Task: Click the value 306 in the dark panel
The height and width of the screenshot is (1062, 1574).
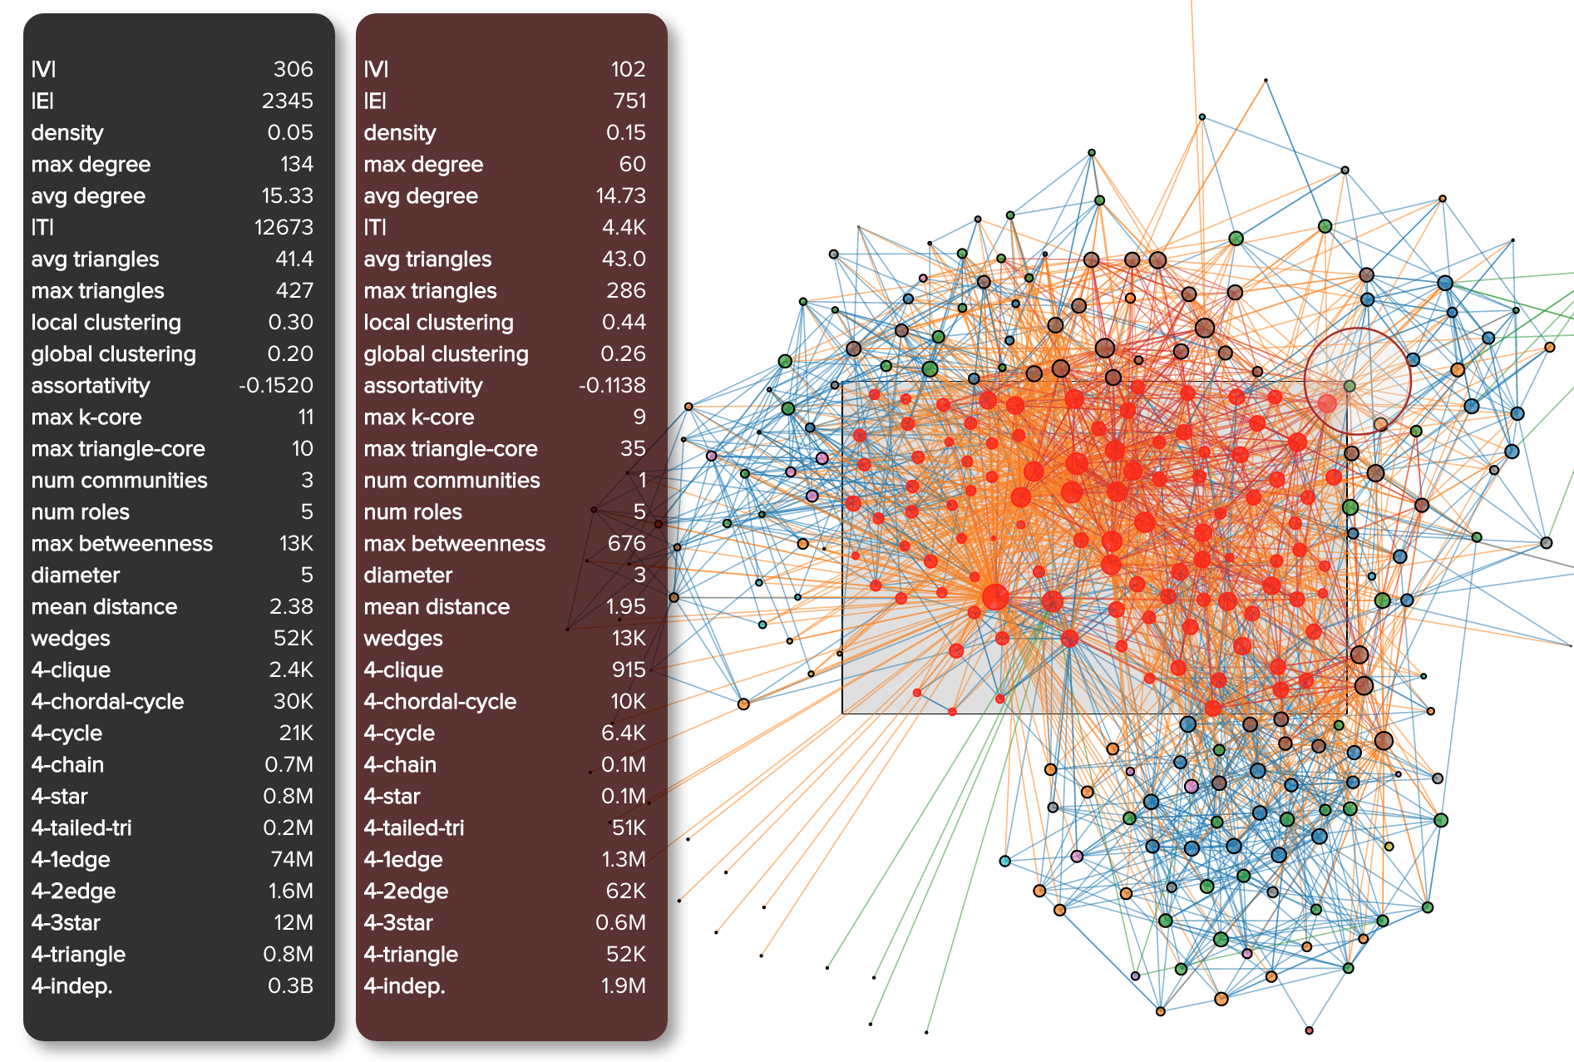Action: pyautogui.click(x=293, y=69)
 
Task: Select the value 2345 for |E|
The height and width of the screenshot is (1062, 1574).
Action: pyautogui.click(x=287, y=101)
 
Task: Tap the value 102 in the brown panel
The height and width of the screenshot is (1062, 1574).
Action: pyautogui.click(x=627, y=69)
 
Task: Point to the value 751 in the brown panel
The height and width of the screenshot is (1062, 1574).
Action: pyautogui.click(x=629, y=101)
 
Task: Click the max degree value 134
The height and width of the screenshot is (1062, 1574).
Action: pyautogui.click(x=296, y=164)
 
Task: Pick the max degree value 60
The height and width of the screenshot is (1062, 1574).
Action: pyautogui.click(x=632, y=164)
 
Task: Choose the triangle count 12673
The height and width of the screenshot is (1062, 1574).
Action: pyautogui.click(x=284, y=227)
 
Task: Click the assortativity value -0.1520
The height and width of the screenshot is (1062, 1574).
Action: pyautogui.click(x=276, y=385)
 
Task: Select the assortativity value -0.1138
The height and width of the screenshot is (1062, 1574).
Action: pyautogui.click(x=612, y=385)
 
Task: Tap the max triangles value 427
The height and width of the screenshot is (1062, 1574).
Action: pyautogui.click(x=294, y=290)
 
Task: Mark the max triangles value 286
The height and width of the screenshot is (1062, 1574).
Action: pyautogui.click(x=625, y=290)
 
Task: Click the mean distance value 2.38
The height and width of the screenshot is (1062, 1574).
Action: pyautogui.click(x=291, y=606)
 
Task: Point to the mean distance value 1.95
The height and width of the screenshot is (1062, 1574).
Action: pyautogui.click(x=625, y=606)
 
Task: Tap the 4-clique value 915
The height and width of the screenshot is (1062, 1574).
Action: pyautogui.click(x=628, y=669)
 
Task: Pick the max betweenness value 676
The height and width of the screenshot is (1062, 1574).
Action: pyautogui.click(x=626, y=543)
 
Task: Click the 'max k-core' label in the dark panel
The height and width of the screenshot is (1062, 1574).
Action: pyautogui.click(x=86, y=417)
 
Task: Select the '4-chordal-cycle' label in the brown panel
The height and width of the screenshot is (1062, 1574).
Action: pyautogui.click(x=440, y=701)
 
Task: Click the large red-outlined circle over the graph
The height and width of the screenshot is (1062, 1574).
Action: pyautogui.click(x=1357, y=381)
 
